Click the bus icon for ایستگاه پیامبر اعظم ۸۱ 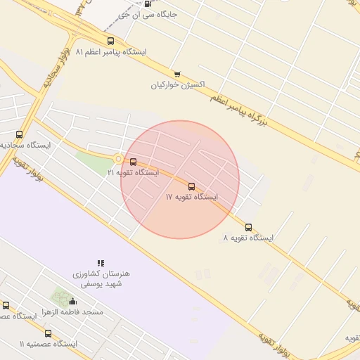[x=110, y=41]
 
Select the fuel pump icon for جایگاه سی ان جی [x=147, y=4]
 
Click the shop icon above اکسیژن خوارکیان [x=177, y=74]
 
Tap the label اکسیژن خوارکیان [x=178, y=84]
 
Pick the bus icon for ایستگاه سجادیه [x=19, y=134]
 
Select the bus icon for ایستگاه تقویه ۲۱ [x=134, y=162]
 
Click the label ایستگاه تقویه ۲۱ [x=133, y=172]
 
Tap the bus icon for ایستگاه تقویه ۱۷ [x=192, y=186]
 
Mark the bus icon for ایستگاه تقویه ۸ [x=248, y=227]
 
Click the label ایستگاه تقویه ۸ [x=248, y=238]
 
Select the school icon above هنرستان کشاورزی [x=101, y=263]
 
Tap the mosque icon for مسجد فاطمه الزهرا [x=73, y=302]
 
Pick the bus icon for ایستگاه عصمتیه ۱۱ [x=48, y=334]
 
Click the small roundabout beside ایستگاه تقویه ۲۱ [x=118, y=159]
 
